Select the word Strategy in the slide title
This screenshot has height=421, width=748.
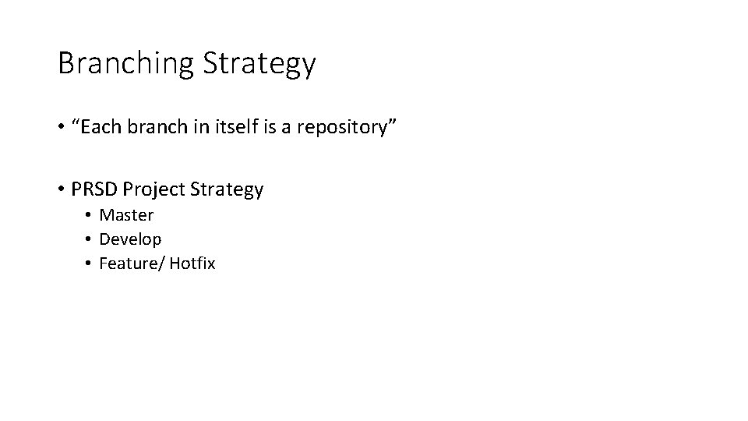259,63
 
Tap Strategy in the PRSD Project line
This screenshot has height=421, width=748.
226,189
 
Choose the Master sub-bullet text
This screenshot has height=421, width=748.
126,214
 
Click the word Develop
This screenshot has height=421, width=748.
130,239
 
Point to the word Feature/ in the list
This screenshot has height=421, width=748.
131,264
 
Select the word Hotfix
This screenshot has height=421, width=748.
192,264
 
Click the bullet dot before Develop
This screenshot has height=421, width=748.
90,239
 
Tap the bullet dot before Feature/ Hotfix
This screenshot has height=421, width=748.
90,264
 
